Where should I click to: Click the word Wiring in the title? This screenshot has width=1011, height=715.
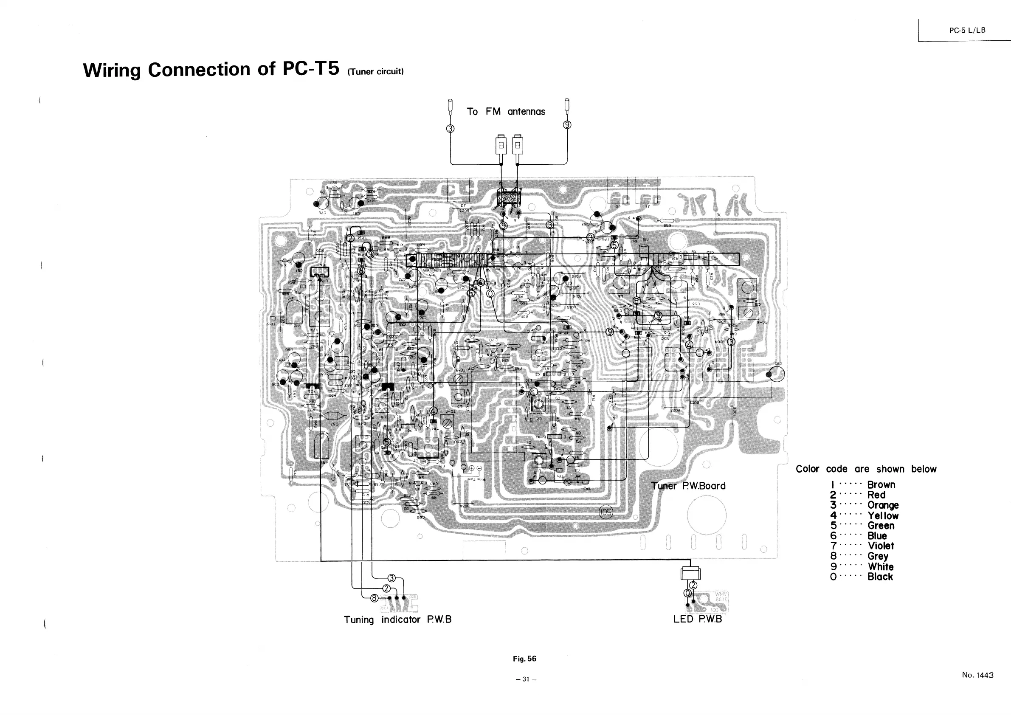(112, 70)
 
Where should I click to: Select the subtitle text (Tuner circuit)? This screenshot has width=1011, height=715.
(375, 72)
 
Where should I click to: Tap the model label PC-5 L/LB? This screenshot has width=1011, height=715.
(967, 31)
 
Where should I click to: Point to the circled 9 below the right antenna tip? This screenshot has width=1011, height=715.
(567, 125)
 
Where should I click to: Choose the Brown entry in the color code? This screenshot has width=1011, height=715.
(881, 485)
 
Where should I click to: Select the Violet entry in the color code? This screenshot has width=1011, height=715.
(881, 546)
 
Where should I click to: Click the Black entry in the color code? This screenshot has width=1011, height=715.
(880, 577)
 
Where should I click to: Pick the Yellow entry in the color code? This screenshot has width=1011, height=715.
(883, 515)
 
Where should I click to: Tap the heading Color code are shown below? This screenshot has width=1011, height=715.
(866, 469)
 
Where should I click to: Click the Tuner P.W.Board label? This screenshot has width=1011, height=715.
(688, 486)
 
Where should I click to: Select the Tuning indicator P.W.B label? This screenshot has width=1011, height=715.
(397, 619)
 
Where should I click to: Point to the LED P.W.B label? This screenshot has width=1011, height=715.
(698, 619)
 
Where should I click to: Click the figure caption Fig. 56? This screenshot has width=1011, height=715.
(524, 659)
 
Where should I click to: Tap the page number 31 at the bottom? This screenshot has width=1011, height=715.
(526, 679)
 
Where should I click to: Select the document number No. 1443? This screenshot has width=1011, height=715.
(977, 675)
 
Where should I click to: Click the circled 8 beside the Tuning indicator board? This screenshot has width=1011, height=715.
(374, 598)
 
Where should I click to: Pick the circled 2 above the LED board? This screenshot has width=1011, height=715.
(693, 585)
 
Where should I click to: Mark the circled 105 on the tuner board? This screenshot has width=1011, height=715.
(606, 512)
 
